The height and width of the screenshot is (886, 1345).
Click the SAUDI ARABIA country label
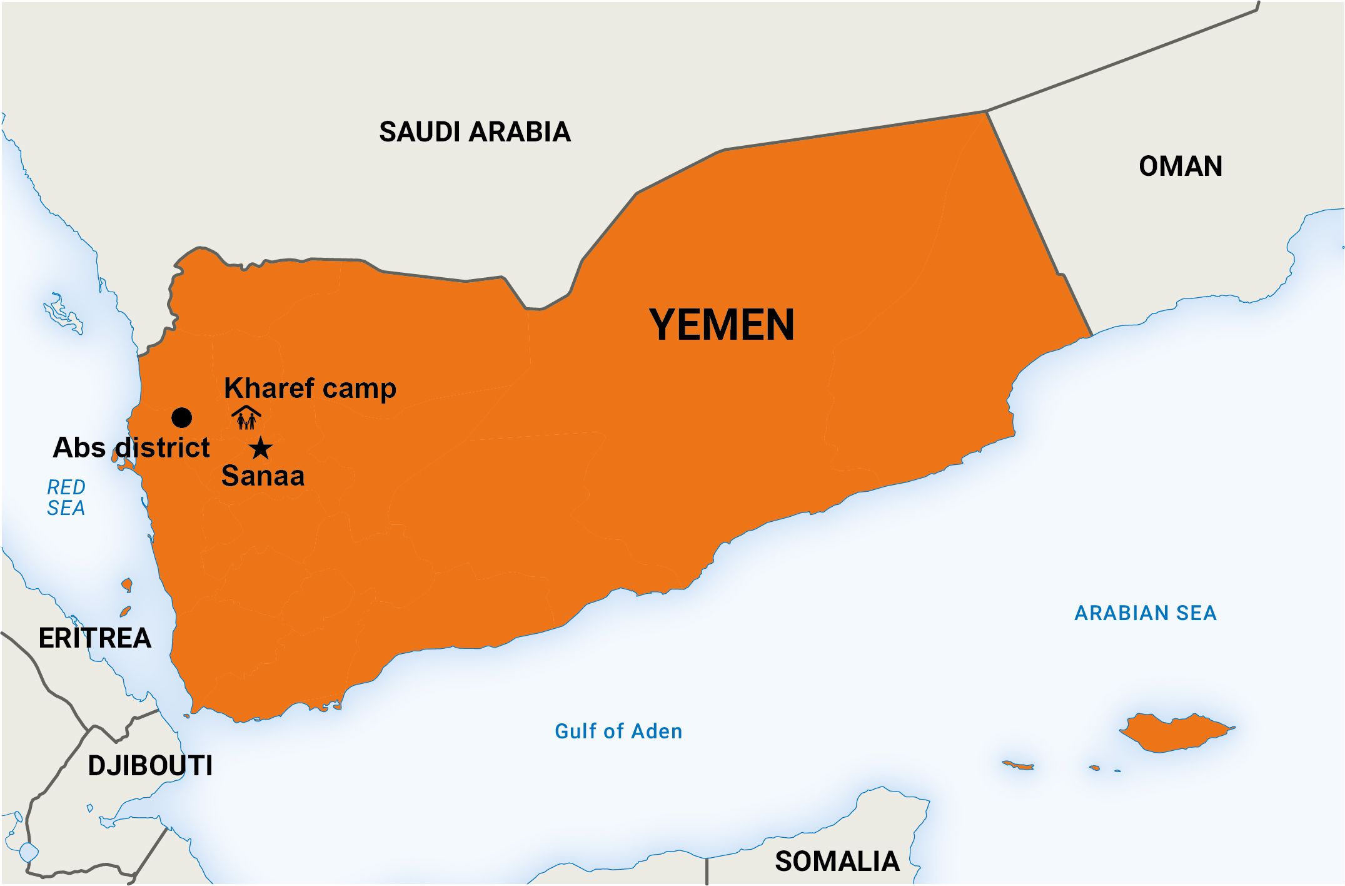tap(475, 132)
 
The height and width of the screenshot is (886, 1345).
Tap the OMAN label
tap(1180, 166)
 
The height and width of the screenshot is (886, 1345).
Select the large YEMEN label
tap(722, 325)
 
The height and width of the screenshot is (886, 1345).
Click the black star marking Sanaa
tap(261, 448)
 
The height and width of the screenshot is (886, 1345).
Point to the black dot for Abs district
tap(181, 417)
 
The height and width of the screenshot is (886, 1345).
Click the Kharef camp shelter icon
tap(246, 418)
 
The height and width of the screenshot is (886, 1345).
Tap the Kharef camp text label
tap(310, 388)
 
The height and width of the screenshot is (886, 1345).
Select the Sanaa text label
tap(263, 476)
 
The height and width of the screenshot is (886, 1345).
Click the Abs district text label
tap(131, 448)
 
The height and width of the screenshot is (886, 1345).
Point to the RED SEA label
tap(66, 497)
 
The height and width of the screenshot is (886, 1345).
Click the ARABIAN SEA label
tap(1145, 613)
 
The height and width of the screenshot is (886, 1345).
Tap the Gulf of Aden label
tap(618, 731)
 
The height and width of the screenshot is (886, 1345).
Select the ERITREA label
tap(95, 638)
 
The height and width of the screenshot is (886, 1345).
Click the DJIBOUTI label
tap(150, 766)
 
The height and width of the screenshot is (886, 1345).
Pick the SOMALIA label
tap(837, 862)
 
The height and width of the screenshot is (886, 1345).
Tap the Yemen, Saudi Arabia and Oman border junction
tap(986, 112)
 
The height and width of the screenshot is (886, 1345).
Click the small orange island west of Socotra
tap(1017, 765)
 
